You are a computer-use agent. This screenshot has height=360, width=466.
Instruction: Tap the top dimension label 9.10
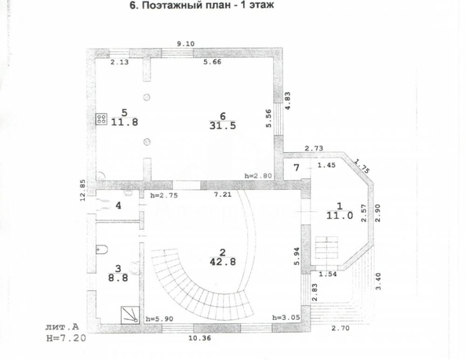185,44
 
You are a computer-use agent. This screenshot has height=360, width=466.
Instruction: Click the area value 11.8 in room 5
123,122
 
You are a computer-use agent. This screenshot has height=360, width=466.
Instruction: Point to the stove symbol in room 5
101,120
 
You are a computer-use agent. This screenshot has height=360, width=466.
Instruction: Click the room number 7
297,168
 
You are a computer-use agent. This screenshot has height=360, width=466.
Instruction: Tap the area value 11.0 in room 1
339,213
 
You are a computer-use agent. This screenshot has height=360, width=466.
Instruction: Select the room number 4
118,206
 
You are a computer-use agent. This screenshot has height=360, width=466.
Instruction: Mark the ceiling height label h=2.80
257,176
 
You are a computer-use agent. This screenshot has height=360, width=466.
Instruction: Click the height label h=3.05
286,318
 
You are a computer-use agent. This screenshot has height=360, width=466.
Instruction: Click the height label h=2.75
162,194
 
